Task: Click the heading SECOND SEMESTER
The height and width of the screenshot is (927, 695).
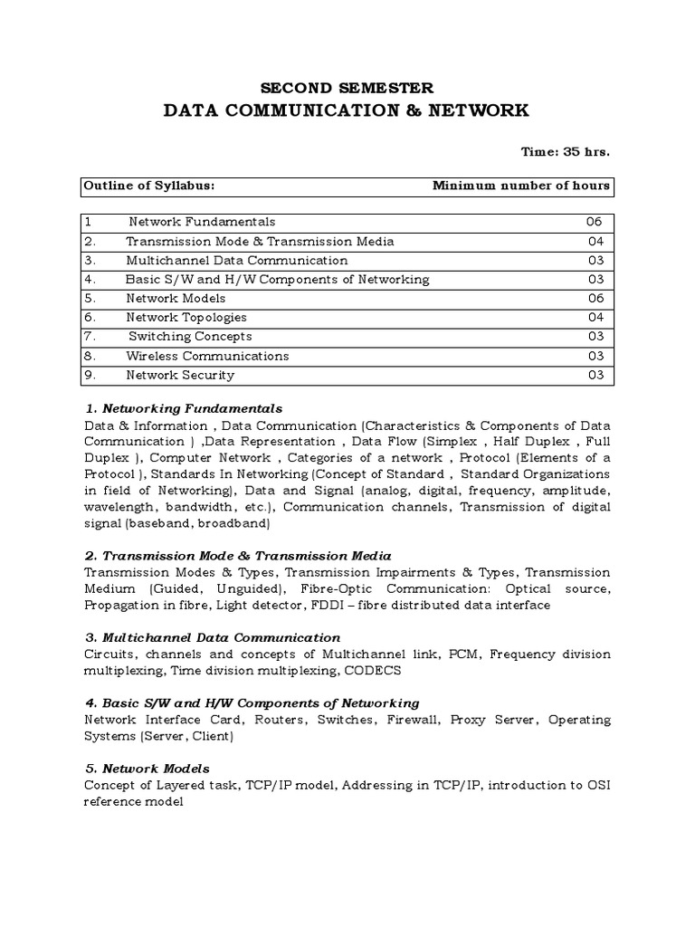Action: [347, 88]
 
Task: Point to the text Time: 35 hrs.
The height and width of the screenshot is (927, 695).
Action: [566, 151]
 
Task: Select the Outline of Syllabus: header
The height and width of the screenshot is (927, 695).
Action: [149, 186]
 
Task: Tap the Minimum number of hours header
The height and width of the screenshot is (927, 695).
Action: [521, 186]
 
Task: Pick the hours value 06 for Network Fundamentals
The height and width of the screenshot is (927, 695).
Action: [593, 222]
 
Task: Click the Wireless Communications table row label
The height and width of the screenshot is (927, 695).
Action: [207, 356]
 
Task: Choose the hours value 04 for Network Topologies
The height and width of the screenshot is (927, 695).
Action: [595, 318]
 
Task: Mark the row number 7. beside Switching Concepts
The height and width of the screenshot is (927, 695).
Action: [90, 337]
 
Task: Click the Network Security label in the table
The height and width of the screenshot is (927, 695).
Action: [180, 375]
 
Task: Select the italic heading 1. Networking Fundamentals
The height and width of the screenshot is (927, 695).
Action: [183, 408]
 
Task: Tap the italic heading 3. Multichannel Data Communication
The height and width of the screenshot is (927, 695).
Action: [212, 637]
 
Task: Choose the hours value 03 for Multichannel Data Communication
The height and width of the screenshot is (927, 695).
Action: [595, 260]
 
